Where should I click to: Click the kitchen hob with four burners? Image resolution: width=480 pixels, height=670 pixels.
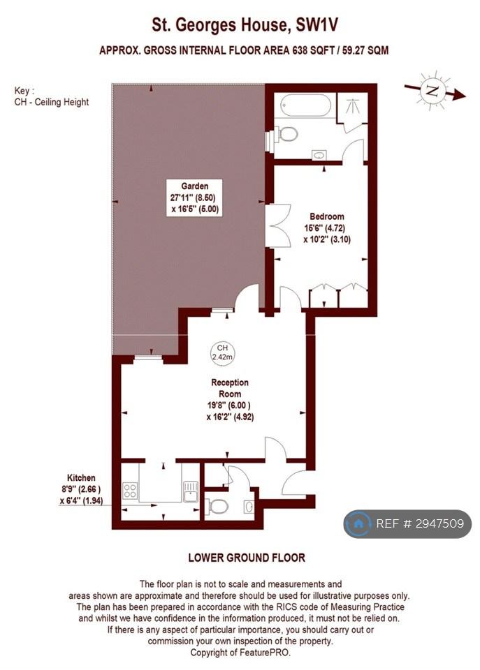(x=130, y=490)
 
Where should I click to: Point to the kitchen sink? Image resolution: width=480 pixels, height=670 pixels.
(x=191, y=491)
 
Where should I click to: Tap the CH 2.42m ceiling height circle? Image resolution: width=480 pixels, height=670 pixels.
(x=222, y=352)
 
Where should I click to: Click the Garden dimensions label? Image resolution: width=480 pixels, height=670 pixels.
(x=195, y=198)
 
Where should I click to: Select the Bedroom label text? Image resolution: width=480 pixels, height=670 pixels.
(x=327, y=216)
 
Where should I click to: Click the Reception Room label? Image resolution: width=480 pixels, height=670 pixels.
(x=230, y=388)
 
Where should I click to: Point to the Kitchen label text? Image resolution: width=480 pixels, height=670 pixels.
(x=81, y=477)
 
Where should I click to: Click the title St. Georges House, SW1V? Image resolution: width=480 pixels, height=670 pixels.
(x=245, y=25)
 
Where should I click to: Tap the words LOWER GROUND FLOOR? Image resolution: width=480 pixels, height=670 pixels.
(x=247, y=558)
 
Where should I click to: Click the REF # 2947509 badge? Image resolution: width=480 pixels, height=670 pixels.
(x=407, y=523)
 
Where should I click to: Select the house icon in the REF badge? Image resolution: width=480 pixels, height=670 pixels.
(x=358, y=523)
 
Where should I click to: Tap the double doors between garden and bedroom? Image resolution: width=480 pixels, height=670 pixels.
(x=278, y=225)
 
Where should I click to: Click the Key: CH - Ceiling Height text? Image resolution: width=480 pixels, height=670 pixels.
(x=51, y=96)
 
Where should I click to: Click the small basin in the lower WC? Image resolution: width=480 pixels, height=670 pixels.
(x=249, y=507)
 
